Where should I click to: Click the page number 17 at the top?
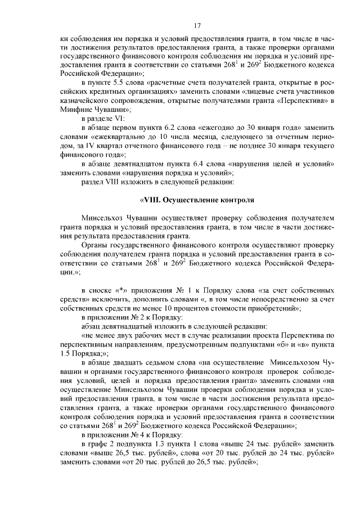(x=197, y=25)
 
